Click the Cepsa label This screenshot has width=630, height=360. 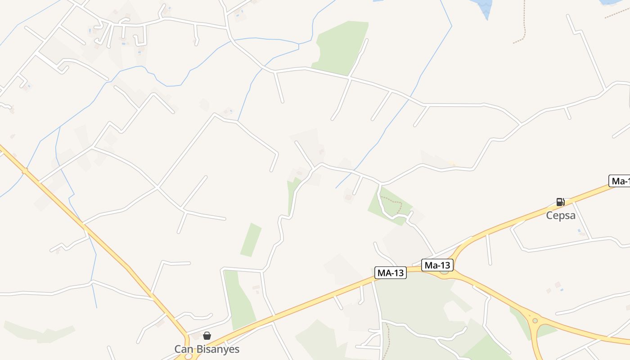click(x=561, y=215)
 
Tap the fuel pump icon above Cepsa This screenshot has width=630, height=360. click(x=560, y=202)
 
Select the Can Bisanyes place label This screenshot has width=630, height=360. click(x=207, y=349)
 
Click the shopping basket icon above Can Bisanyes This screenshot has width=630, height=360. click(x=207, y=336)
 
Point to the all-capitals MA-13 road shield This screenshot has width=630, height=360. click(x=391, y=272)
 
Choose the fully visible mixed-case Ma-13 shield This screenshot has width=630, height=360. click(x=437, y=265)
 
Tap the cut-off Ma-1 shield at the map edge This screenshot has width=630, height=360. click(x=620, y=181)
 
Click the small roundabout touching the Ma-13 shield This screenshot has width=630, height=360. click(x=444, y=271)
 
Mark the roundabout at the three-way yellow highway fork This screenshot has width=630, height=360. click(x=535, y=321)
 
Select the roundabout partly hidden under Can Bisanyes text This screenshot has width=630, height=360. click(x=188, y=357)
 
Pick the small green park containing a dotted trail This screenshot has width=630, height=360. click(x=390, y=205)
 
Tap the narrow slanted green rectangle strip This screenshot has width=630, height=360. click(x=251, y=240)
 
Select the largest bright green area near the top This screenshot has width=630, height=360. click(x=341, y=47)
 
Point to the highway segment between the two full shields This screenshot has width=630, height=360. click(x=414, y=270)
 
